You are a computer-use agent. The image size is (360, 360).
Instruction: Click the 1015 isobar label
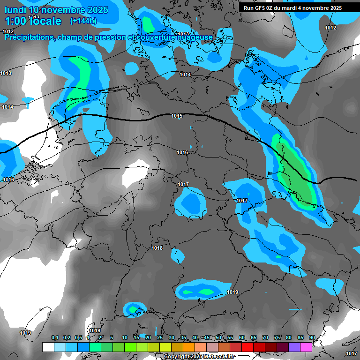tap(177, 116)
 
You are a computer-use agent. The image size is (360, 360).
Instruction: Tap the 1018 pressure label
tap(157, 248)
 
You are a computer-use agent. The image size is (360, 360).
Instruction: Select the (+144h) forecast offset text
tap(83, 21)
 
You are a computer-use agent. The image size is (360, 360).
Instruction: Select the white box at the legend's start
tap(48, 347)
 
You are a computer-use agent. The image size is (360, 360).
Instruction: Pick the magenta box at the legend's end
tap(306, 347)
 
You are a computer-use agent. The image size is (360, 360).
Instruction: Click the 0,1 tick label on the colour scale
tap(54, 338)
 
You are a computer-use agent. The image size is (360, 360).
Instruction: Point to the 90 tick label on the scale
tap(312, 338)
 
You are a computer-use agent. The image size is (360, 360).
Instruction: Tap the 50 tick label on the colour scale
tap(218, 338)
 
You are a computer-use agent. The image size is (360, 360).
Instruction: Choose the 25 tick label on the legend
tap(160, 338)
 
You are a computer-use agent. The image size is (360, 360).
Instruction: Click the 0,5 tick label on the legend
tap(78, 338)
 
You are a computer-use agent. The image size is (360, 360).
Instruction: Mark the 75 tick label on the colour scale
tap(277, 338)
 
